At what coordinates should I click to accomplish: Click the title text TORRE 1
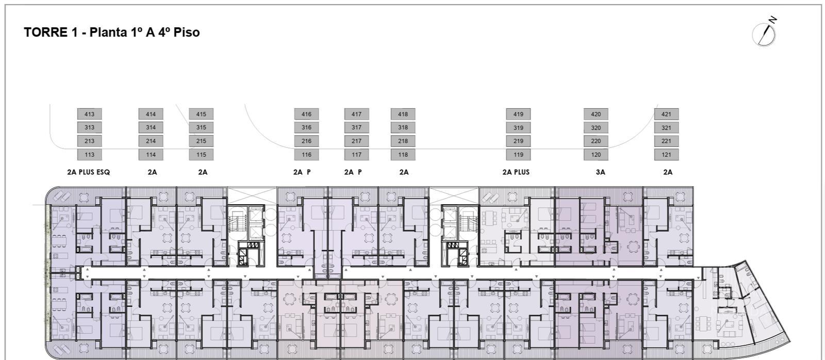coord(51,32)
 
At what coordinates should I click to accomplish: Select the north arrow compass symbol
coord(765,33)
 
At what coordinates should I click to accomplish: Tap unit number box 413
coord(90,114)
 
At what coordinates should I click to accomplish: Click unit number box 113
coord(90,155)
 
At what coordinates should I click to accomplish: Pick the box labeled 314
coord(151,127)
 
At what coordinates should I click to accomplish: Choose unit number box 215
coord(201,141)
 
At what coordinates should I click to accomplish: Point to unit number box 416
coord(306,114)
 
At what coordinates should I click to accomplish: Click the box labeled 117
coord(356,155)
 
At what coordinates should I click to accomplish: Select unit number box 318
coord(403,127)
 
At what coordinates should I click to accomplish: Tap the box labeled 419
coord(518,114)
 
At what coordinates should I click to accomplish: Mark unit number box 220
coord(596,141)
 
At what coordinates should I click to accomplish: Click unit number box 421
coord(666,114)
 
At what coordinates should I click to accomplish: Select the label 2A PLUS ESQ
coord(88,172)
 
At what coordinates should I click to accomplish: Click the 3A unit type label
coord(600,172)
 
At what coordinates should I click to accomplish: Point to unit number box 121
coord(666,155)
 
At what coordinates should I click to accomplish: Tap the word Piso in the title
coord(187,32)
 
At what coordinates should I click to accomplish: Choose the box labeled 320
coord(596,128)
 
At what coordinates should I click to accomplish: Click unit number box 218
coord(403,141)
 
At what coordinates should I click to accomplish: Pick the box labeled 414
coord(151,114)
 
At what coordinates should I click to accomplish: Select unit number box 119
coord(518,155)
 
